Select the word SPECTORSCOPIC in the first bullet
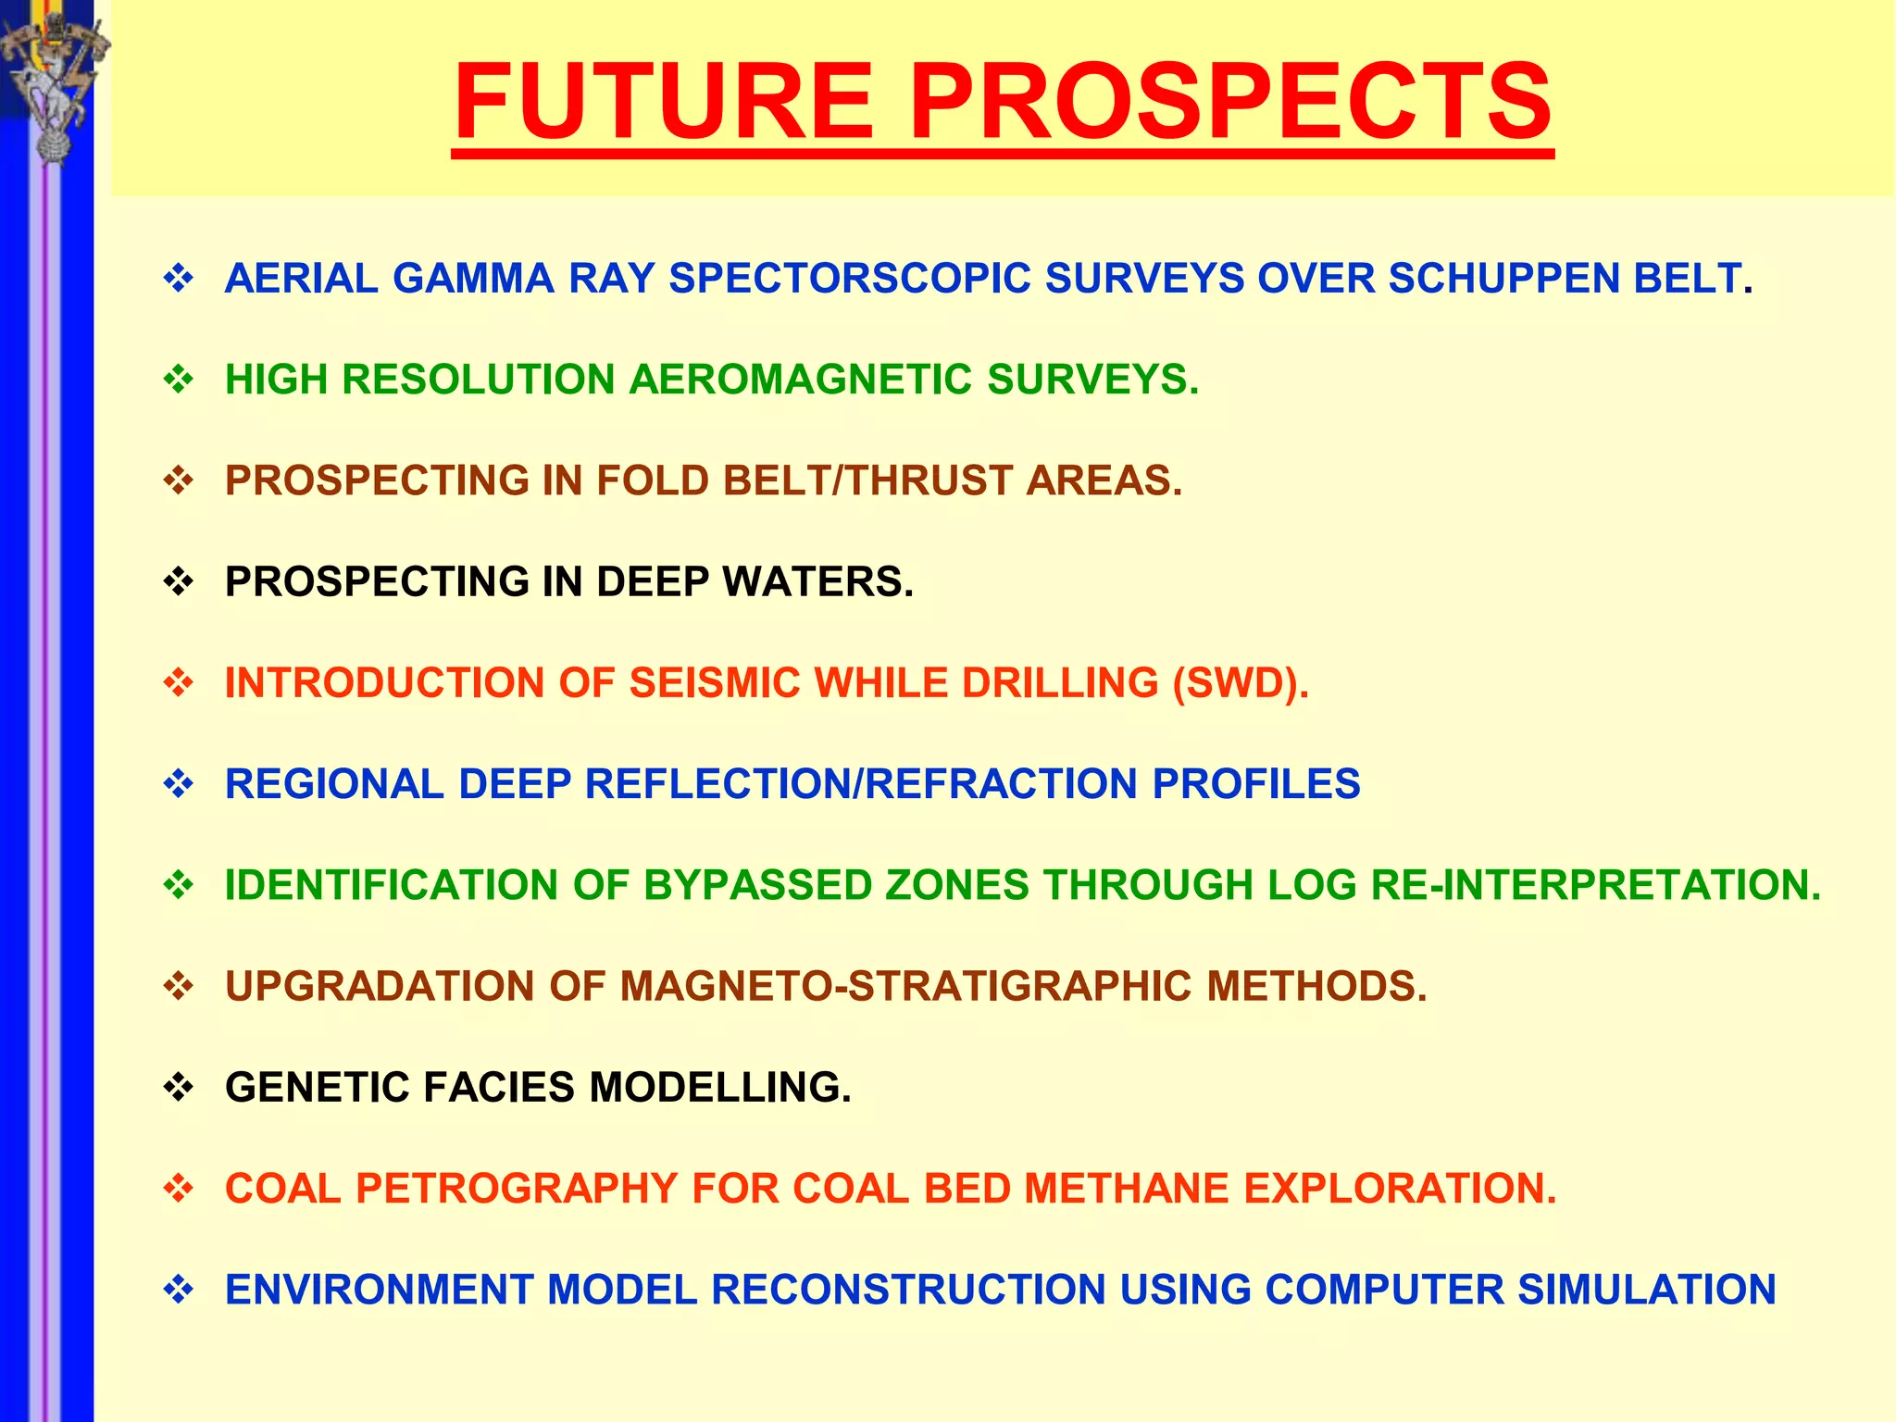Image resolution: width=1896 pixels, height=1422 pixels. click(850, 279)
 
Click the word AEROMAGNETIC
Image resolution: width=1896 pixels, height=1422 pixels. click(801, 380)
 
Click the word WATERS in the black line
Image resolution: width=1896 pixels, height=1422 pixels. click(817, 582)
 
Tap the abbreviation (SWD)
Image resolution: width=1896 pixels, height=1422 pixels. click(1241, 683)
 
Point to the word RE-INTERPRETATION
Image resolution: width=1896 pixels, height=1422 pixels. click(1595, 885)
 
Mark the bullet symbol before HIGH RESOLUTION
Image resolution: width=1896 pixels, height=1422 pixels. click(178, 379)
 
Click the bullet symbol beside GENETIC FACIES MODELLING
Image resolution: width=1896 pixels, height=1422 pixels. click(178, 1087)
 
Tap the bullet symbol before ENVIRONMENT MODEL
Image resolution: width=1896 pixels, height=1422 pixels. click(178, 1289)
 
